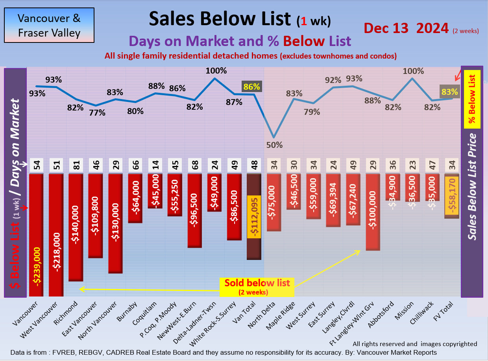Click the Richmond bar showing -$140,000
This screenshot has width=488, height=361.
(76, 227)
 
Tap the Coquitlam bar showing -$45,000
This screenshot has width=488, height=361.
(155, 191)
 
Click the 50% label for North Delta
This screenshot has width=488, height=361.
(274, 145)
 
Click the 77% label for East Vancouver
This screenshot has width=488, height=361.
(97, 112)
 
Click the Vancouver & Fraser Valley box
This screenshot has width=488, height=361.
(49, 25)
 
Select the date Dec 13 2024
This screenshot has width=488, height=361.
(406, 28)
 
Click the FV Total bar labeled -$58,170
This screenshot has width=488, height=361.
(452, 196)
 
